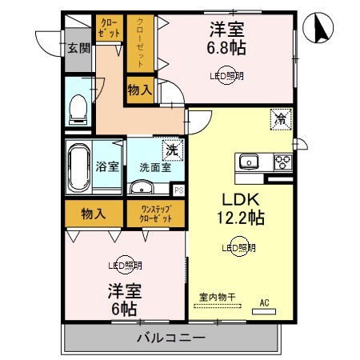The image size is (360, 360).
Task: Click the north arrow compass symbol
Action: click(318, 27)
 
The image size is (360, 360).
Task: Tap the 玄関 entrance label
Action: click(78, 48)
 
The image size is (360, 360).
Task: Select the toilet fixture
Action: click(78, 110)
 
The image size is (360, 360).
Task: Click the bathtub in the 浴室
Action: click(79, 168)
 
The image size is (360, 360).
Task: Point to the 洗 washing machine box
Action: click(173, 150)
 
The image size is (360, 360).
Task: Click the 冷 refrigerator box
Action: click(281, 119)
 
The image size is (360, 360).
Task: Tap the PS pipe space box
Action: click(179, 190)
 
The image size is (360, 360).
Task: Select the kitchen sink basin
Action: click(249, 162)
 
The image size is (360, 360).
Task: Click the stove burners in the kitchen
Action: click(283, 162)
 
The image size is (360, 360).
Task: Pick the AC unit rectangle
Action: click(264, 311)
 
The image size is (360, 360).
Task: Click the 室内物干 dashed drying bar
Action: click(218, 306)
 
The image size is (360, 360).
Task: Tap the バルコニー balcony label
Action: click(171, 338)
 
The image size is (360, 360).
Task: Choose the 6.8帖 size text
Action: click(226, 48)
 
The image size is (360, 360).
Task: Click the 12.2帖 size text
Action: click(241, 218)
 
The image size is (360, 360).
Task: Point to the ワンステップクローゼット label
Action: click(156, 214)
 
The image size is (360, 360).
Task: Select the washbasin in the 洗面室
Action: click(142, 187)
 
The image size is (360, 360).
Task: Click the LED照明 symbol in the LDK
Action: click(239, 247)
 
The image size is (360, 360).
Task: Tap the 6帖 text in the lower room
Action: click(124, 309)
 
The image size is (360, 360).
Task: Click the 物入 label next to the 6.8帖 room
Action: click(140, 90)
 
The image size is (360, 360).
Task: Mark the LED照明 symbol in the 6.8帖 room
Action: click(226, 75)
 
